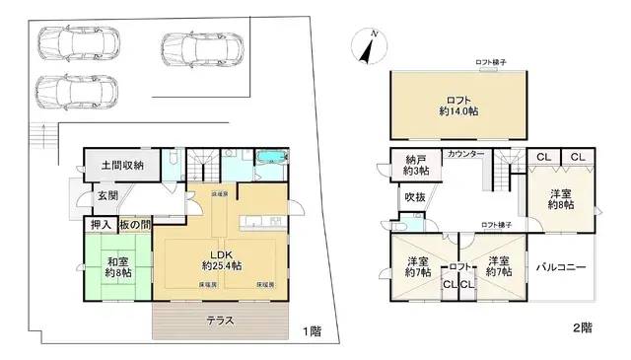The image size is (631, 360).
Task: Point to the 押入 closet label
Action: pos(100,226)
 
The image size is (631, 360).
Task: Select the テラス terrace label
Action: pos(219,321)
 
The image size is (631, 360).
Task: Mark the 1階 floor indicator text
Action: pos(311,330)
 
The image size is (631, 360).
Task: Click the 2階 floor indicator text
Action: pos(584,325)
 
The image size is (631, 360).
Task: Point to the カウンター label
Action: pos(464,155)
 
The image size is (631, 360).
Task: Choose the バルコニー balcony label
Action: pos(562,267)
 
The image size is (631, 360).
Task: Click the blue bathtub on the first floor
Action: pos(269,160)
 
